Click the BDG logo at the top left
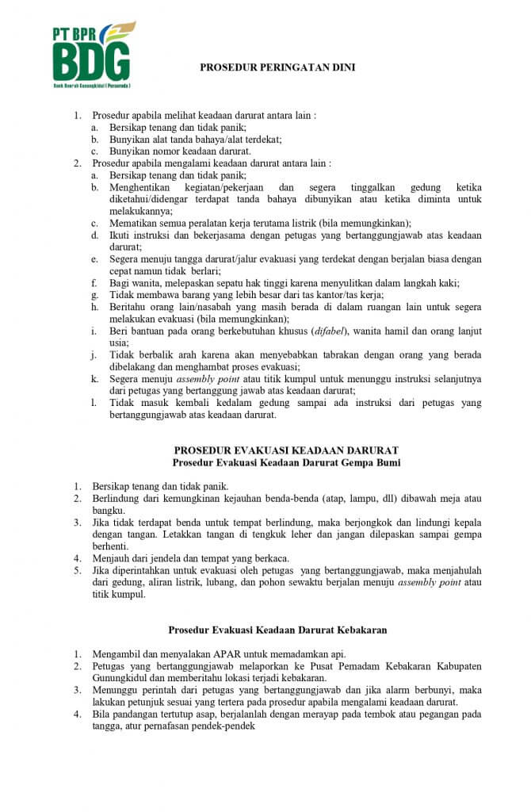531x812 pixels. coord(91,55)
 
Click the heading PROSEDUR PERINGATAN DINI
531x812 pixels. coord(277,68)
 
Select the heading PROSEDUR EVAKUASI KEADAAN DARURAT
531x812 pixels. coord(286,450)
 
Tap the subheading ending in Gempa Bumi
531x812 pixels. coord(286,462)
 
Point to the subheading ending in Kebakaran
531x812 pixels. coord(277,630)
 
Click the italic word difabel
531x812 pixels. coord(311,330)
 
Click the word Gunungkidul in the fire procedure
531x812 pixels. coord(120,678)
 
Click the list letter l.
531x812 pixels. coord(94,403)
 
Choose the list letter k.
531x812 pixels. coord(94,379)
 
